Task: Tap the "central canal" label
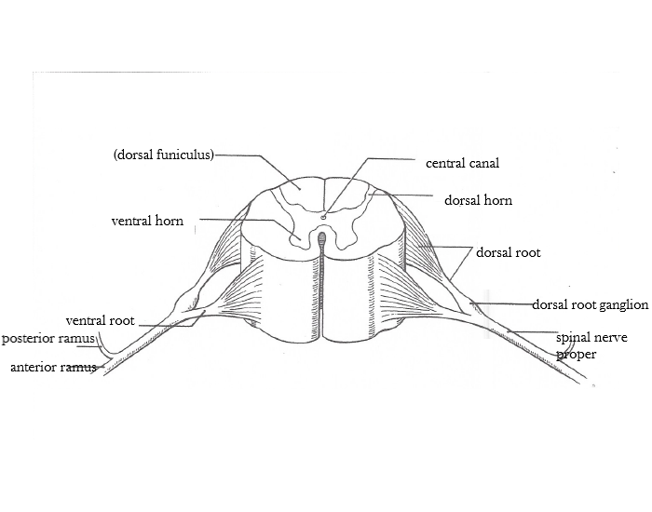click(463, 163)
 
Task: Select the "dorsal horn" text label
click(478, 200)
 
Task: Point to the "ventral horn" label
click(147, 222)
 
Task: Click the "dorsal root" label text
click(508, 252)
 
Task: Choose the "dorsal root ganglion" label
click(590, 304)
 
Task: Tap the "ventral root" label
click(100, 320)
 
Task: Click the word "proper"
click(577, 354)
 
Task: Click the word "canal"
click(484, 163)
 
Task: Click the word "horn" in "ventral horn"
click(170, 222)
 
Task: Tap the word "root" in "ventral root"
click(121, 320)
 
